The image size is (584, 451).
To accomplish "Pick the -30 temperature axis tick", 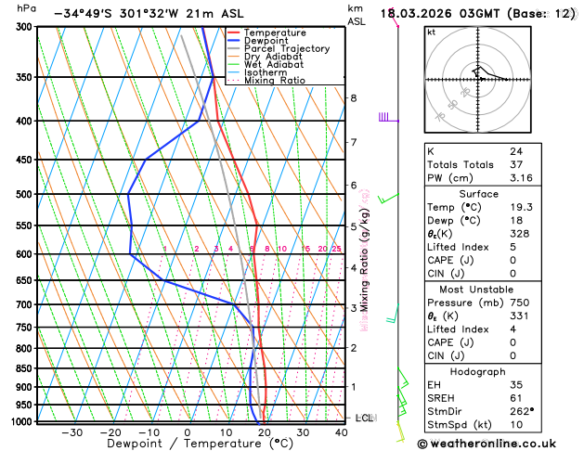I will pos(71,432).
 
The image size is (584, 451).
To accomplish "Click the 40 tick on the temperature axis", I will pos(343,432).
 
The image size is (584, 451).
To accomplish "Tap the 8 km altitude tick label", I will pos(353,97).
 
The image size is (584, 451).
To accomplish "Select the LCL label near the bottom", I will pos(364,419).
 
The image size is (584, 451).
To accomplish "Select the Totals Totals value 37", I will pos(515,163).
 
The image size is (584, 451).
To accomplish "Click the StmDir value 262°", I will pos(521,411).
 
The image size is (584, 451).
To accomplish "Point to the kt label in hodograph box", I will pos(431,32).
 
